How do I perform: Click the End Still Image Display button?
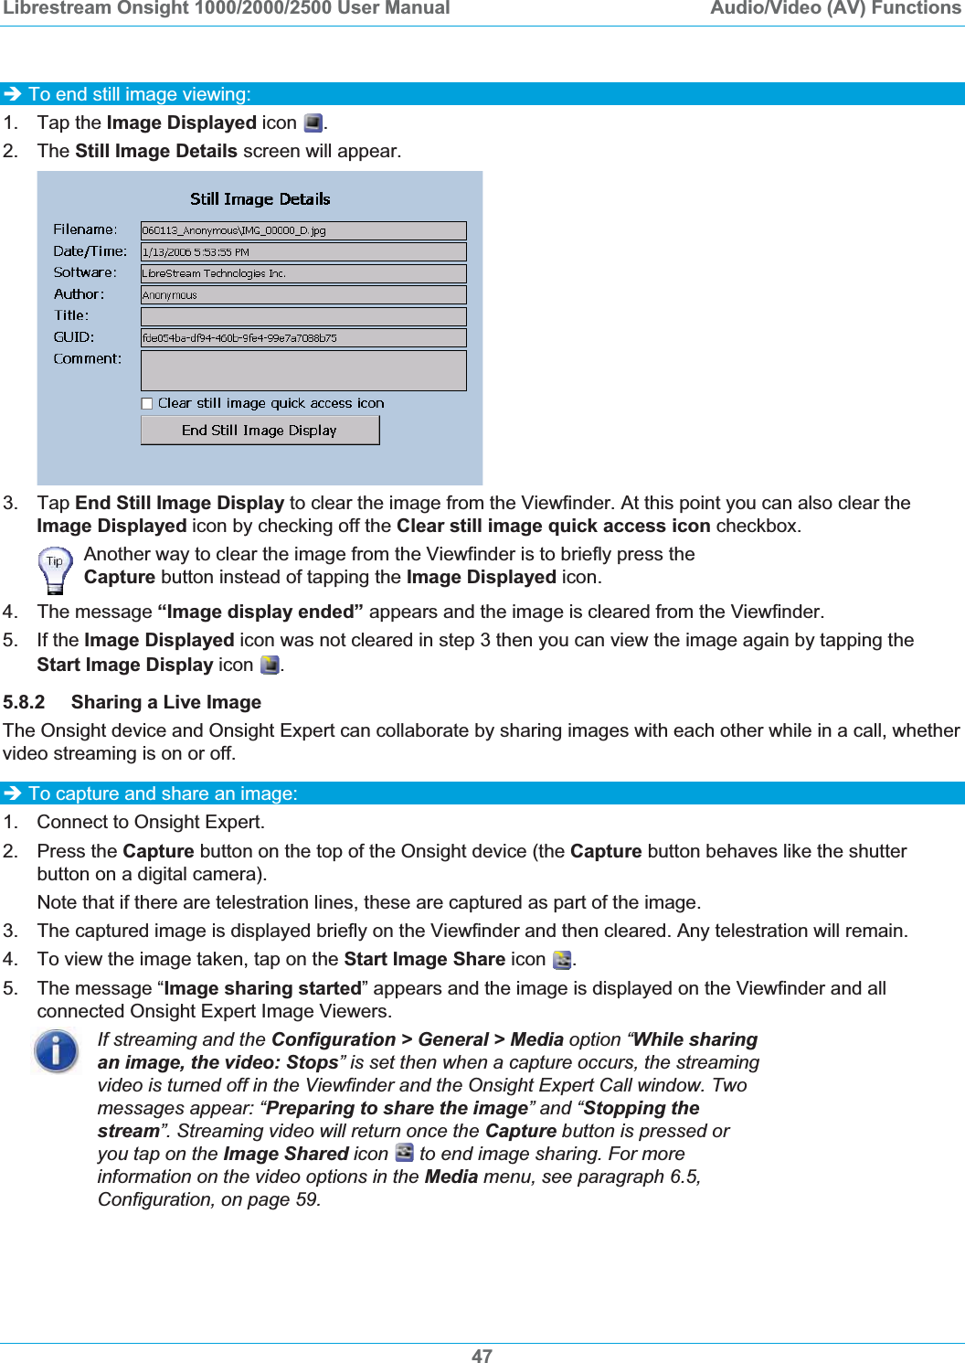[x=260, y=431]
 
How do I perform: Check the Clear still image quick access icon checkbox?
[x=147, y=403]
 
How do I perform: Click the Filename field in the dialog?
[x=303, y=230]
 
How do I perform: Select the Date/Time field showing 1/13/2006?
[x=303, y=252]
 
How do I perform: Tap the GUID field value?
[x=303, y=337]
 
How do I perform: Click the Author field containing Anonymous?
[x=303, y=295]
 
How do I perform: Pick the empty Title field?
[x=303, y=316]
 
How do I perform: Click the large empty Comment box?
[x=303, y=370]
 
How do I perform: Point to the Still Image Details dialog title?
[x=260, y=199]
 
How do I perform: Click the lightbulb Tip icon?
[x=55, y=570]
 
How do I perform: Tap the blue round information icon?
[x=56, y=1050]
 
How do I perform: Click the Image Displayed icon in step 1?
[x=313, y=123]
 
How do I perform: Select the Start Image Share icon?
[x=562, y=960]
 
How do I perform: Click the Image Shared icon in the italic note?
[x=404, y=1154]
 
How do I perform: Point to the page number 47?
[x=482, y=1356]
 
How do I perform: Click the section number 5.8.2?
[x=24, y=702]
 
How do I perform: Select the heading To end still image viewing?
[x=139, y=94]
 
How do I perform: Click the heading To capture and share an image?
[x=163, y=793]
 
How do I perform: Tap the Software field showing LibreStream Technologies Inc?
[x=303, y=273]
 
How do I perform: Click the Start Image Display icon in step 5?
[x=270, y=666]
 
